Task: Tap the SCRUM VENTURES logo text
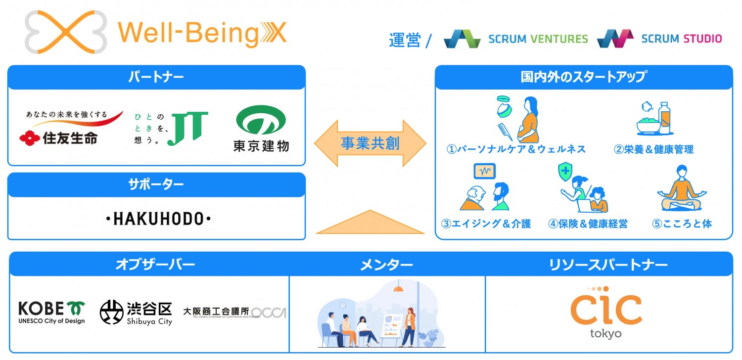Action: (x=538, y=39)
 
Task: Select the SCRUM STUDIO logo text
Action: (x=681, y=39)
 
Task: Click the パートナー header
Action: (x=156, y=77)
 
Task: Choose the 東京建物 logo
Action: (x=261, y=128)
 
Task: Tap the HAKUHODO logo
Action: (x=159, y=218)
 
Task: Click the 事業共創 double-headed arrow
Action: (x=370, y=143)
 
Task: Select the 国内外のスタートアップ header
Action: (x=583, y=77)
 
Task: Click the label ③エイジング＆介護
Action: (x=486, y=224)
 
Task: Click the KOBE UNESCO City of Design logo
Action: (x=51, y=313)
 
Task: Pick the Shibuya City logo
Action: (x=136, y=313)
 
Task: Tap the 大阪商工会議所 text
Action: (x=216, y=312)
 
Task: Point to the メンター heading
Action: (x=386, y=266)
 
